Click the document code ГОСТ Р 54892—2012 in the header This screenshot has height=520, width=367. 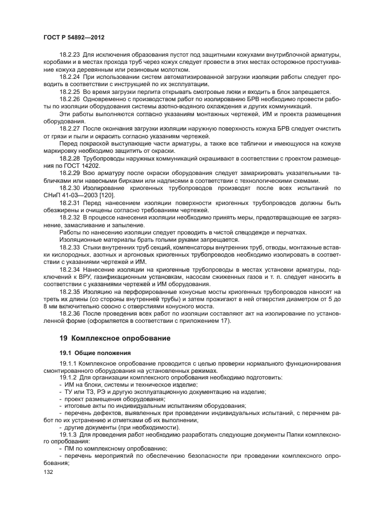(x=74, y=36)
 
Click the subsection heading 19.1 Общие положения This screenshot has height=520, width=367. (x=95, y=352)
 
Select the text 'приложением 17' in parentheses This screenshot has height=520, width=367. (x=208, y=321)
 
